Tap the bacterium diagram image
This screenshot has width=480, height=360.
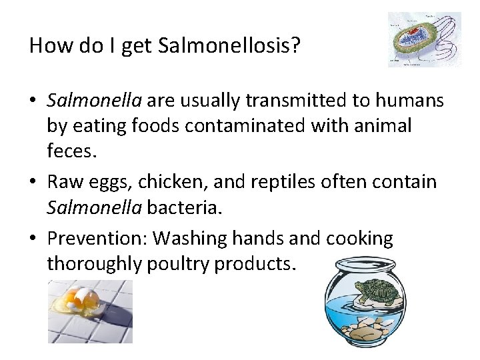425,39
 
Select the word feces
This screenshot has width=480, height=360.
71,151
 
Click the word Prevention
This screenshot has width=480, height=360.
102,238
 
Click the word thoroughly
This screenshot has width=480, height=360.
92,264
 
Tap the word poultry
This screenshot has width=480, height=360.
177,264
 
